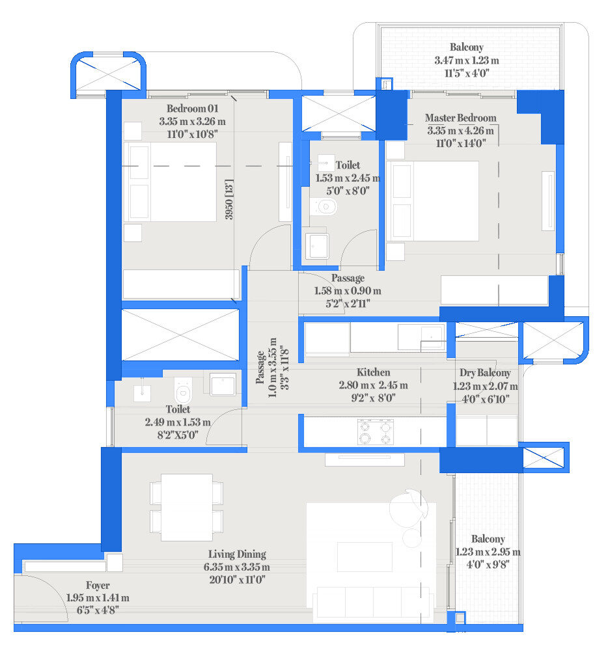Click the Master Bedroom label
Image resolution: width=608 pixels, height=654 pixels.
[460, 118]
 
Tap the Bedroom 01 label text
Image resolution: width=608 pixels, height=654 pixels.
[193, 109]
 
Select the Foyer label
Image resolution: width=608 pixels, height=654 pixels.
[98, 586]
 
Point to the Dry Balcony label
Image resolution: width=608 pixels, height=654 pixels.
[485, 373]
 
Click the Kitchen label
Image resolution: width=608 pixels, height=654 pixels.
[374, 372]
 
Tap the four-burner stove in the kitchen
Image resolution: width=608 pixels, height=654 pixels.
[376, 432]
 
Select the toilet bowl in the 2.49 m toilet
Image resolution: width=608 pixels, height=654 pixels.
[183, 390]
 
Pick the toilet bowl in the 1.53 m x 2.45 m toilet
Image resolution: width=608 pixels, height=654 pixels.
[324, 207]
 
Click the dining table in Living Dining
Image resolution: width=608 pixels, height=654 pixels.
[187, 507]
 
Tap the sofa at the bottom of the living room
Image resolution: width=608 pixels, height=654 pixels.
[374, 602]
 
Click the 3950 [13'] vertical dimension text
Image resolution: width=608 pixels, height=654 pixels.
[229, 199]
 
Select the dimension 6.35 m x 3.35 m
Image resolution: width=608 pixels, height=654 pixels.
[236, 567]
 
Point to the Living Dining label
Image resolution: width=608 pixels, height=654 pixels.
[237, 554]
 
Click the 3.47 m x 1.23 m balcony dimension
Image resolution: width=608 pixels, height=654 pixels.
[467, 61]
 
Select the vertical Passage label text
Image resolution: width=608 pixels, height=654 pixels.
[260, 368]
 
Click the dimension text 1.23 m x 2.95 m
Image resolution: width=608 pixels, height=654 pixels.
[488, 552]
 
